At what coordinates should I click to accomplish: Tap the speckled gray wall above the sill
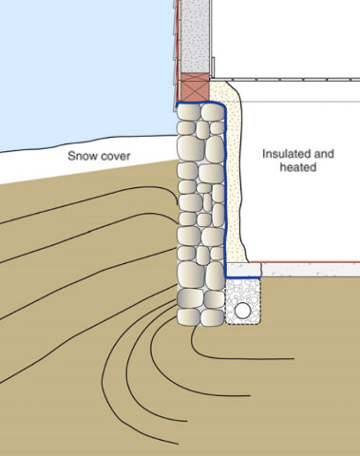tap(194, 33)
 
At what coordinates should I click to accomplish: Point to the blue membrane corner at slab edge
tap(228, 275)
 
